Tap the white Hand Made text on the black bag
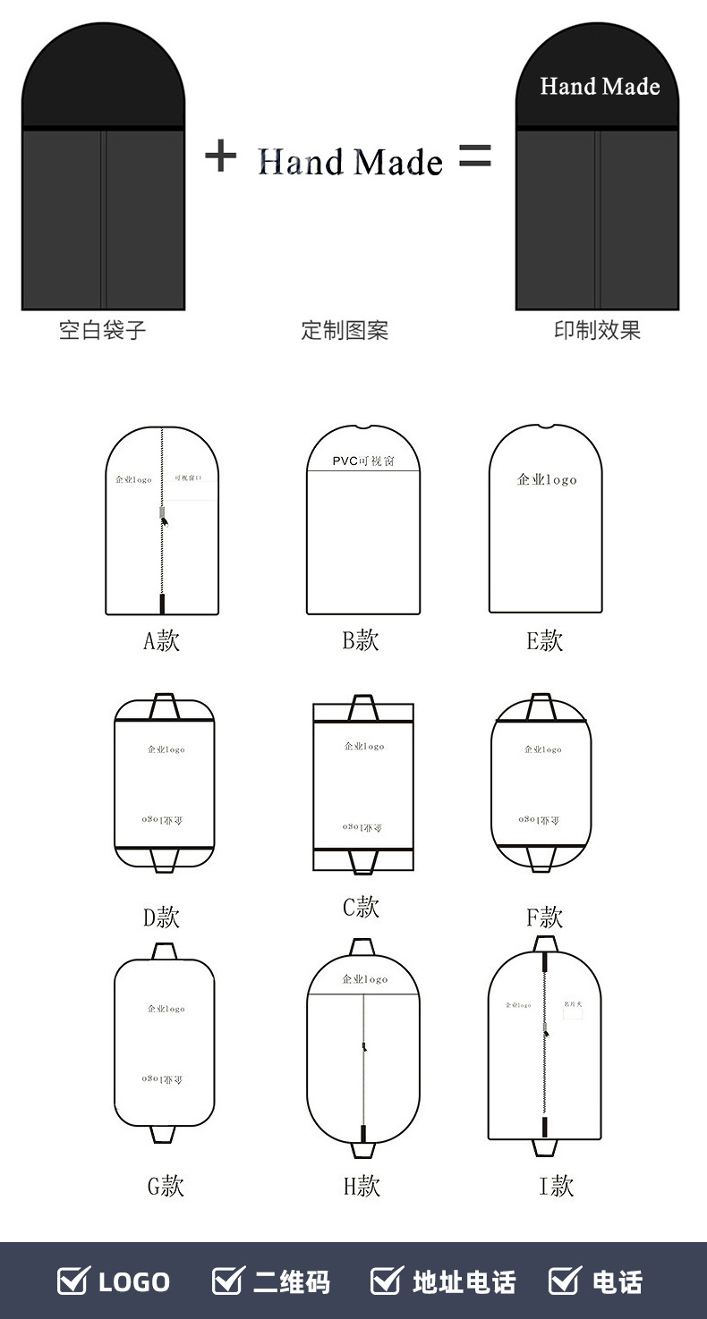[x=600, y=87]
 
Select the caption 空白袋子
[x=102, y=330]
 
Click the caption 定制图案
[x=345, y=330]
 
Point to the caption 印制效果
[x=597, y=330]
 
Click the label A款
[x=162, y=640]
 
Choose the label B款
[x=361, y=640]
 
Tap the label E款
[x=545, y=640]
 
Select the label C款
[x=362, y=907]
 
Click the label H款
[x=362, y=1186]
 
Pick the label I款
[x=556, y=1186]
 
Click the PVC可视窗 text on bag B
[x=362, y=461]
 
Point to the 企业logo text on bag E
[x=547, y=480]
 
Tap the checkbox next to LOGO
[x=73, y=1281]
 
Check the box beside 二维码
[x=227, y=1281]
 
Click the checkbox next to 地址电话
[x=387, y=1281]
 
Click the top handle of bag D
[x=164, y=706]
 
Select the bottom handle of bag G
[x=164, y=1133]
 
